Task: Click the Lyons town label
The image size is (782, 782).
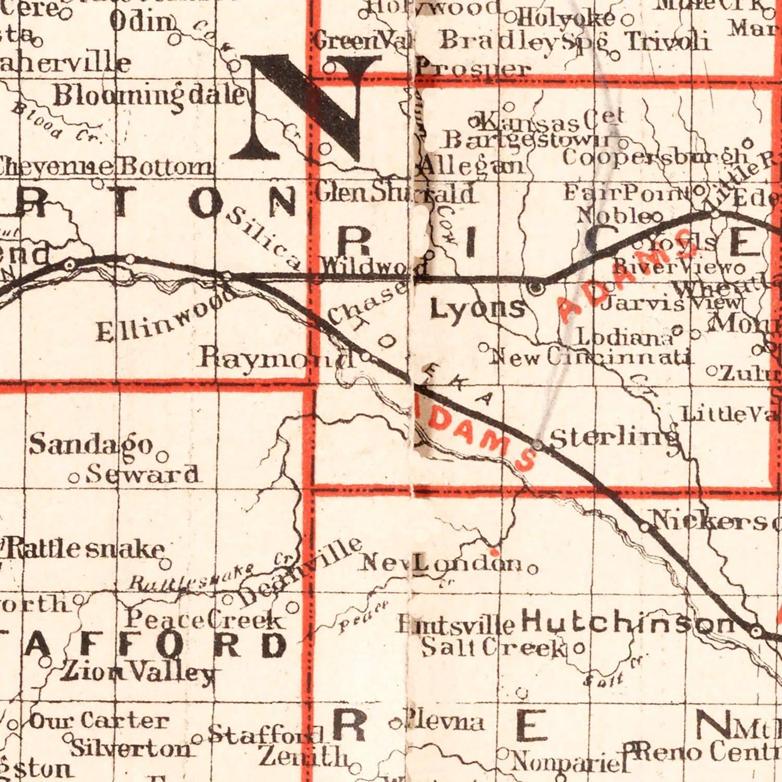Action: point(477,309)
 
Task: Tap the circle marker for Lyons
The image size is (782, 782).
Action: point(535,287)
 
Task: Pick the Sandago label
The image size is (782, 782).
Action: point(91,445)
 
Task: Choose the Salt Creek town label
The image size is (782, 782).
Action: point(493,647)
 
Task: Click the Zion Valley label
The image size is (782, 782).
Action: point(138,673)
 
